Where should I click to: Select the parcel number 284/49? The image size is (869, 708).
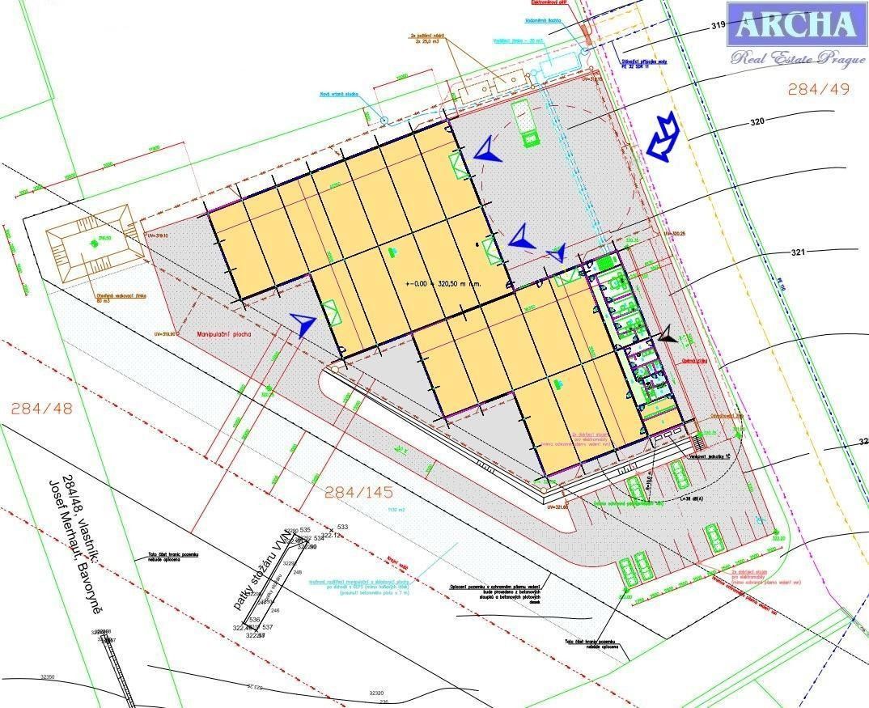pyautogui.click(x=819, y=89)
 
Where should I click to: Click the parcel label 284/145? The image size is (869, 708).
pyautogui.click(x=358, y=491)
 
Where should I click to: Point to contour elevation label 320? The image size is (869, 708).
pyautogui.click(x=757, y=123)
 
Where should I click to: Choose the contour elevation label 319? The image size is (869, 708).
pyautogui.click(x=717, y=26)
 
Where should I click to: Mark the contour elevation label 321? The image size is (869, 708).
pyautogui.click(x=798, y=252)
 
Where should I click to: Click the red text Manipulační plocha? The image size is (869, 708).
pyautogui.click(x=223, y=333)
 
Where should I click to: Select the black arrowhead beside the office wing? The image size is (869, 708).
pyautogui.click(x=668, y=336)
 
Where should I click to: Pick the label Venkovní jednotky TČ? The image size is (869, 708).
pyautogui.click(x=710, y=456)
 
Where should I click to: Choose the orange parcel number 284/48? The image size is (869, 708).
pyautogui.click(x=40, y=409)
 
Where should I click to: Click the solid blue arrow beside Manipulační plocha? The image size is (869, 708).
pyautogui.click(x=303, y=324)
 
